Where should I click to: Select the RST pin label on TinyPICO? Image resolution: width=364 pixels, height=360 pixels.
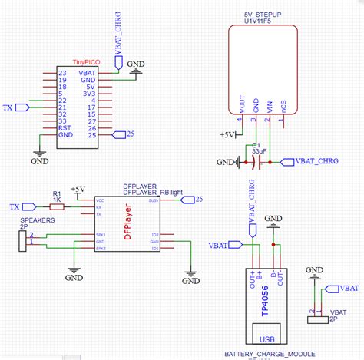click(x=64, y=128)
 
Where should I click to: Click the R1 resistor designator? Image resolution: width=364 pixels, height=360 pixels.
click(x=56, y=193)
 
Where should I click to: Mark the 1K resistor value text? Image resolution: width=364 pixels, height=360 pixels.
click(x=56, y=200)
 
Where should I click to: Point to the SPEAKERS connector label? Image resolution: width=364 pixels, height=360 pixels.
click(x=35, y=220)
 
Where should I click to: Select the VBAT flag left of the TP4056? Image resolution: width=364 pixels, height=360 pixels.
click(x=220, y=246)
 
